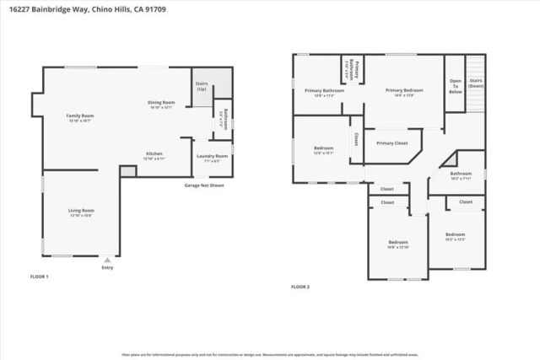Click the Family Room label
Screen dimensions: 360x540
pos(80,116)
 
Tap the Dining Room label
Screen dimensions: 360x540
pos(160,104)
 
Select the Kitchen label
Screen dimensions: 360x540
pos(154,155)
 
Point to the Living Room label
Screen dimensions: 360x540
pos(82,212)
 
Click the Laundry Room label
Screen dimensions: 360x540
pos(212,157)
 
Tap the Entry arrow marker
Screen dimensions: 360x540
pos(107,261)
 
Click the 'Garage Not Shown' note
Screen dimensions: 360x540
pos(204,185)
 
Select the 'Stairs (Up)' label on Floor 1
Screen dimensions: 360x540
pos(202,87)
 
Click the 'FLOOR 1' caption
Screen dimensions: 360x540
pos(40,276)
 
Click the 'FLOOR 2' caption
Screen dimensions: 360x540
pos(300,287)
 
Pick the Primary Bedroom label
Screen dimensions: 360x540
pos(404,91)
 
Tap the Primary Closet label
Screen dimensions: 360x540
pos(391,142)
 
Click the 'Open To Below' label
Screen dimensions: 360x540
pos(454,85)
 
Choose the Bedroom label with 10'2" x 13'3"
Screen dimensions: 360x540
pos(455,235)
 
